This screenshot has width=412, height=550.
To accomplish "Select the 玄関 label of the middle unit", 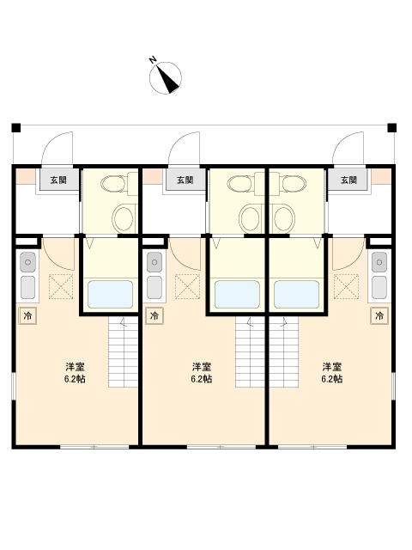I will [x=185, y=180].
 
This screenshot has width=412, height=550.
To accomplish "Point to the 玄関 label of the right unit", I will [x=348, y=180].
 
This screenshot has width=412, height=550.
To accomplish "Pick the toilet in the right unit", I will [x=290, y=184].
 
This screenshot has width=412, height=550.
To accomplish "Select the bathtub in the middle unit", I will [x=237, y=295].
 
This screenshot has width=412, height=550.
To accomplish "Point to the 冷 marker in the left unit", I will [x=27, y=316].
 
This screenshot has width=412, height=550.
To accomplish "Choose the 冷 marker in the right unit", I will [x=379, y=316].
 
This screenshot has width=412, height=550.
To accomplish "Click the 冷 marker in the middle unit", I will [x=155, y=316].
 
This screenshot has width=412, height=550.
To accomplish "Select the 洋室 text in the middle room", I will [x=202, y=365].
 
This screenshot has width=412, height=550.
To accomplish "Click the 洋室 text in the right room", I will [x=332, y=365].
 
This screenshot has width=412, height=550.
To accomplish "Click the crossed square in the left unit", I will [x=61, y=286].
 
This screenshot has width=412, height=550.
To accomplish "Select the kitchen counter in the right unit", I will [x=379, y=275].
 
